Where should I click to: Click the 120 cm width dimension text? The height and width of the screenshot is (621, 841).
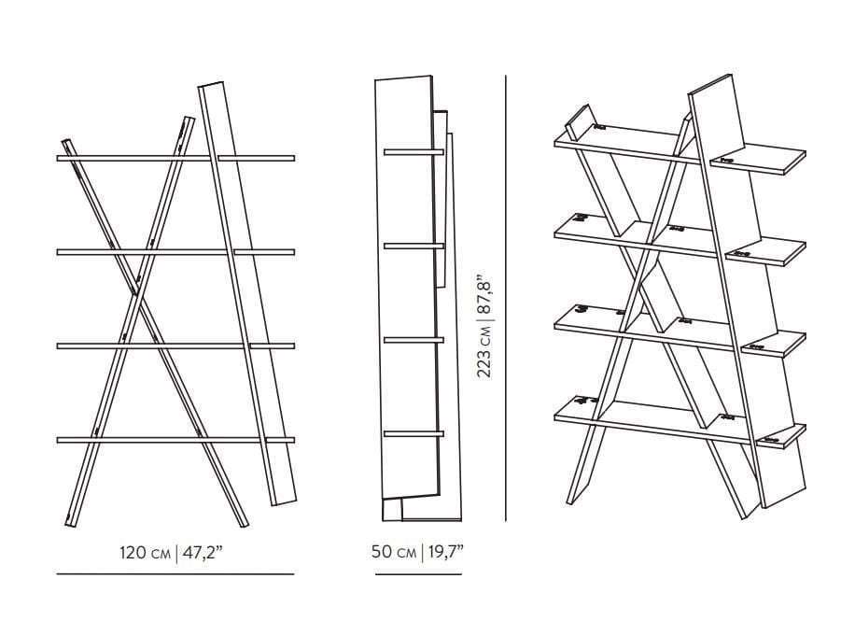[145, 552]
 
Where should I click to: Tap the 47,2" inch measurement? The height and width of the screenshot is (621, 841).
[202, 552]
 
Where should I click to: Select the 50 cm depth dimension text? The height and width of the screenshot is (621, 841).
[394, 551]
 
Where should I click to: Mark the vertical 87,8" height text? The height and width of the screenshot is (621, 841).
[484, 293]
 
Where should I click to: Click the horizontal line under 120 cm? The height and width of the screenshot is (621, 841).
[175, 574]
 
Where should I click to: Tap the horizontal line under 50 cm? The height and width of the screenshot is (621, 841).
[418, 574]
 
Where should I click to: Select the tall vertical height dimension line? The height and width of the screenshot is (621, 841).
[506, 298]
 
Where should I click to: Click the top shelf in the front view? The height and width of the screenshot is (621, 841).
[175, 159]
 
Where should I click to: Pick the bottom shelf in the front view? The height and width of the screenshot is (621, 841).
[175, 440]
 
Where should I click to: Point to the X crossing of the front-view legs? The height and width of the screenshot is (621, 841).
[135, 293]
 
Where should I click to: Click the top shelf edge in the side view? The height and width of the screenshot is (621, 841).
[413, 152]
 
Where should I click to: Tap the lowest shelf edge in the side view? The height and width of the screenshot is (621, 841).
[413, 433]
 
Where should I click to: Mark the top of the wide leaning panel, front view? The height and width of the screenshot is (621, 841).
[211, 85]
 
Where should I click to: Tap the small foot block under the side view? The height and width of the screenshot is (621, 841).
[393, 510]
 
